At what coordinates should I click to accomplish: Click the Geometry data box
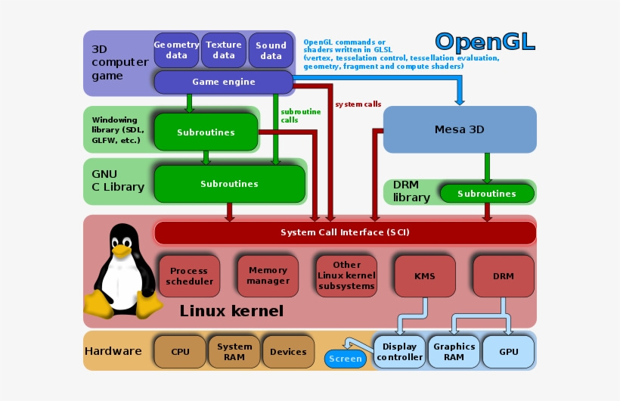[x=176, y=50]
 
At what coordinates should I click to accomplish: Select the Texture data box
[x=223, y=50]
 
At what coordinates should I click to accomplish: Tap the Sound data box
[x=271, y=50]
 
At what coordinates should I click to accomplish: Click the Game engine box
[x=223, y=82]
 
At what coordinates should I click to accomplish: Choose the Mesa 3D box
[x=460, y=129]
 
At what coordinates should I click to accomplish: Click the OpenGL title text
[x=485, y=41]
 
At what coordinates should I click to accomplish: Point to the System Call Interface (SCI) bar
[x=344, y=232]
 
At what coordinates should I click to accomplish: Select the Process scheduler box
[x=188, y=276]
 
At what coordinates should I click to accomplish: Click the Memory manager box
[x=268, y=275]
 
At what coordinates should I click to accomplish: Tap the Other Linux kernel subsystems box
[x=346, y=275]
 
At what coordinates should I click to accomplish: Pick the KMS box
[x=425, y=276]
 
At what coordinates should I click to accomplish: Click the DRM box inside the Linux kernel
[x=503, y=276]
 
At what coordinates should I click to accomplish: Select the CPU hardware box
[x=180, y=351]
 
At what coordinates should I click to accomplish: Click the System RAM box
[x=234, y=352]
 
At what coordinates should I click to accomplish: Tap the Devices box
[x=288, y=351]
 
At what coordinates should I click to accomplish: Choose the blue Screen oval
[x=346, y=359]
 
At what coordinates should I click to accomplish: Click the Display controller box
[x=399, y=352]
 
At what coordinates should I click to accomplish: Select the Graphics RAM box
[x=454, y=352]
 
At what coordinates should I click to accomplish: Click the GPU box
[x=509, y=352]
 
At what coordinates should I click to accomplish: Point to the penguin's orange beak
[x=120, y=250]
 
